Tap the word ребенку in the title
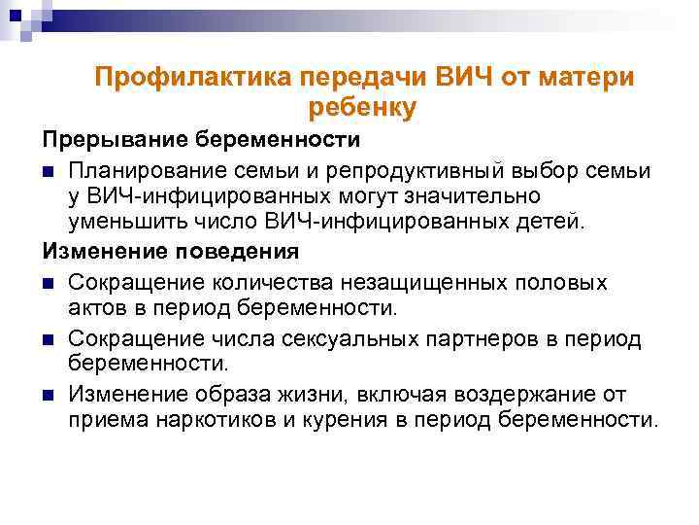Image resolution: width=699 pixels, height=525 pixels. coord(360,108)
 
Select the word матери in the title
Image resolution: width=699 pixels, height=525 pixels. coord(587,78)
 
